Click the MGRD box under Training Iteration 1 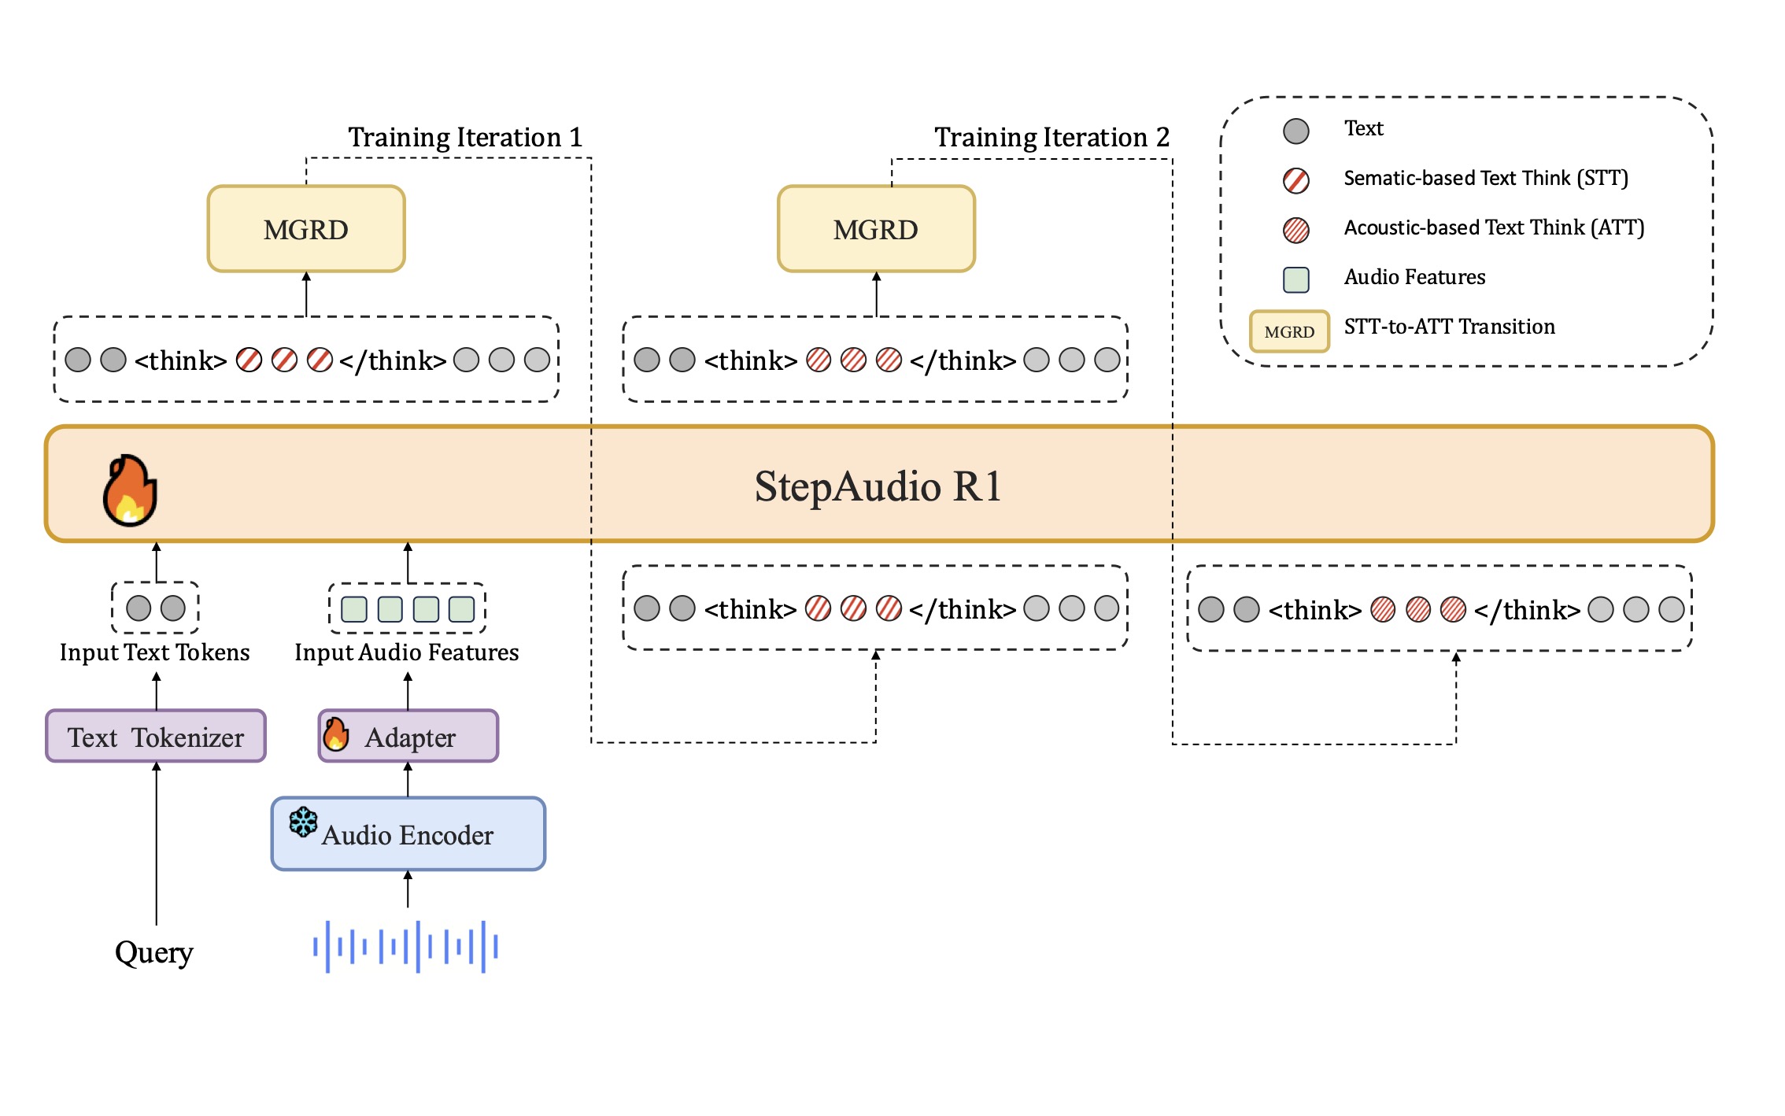click(305, 229)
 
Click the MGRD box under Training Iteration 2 click(875, 229)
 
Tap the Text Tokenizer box click(156, 737)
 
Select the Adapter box click(409, 737)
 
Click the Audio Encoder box click(408, 834)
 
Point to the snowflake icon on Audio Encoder click(303, 822)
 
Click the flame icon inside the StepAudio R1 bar click(130, 490)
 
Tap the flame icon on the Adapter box click(336, 734)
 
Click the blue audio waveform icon click(405, 947)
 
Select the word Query click(154, 952)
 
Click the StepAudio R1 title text click(878, 486)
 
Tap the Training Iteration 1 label click(465, 137)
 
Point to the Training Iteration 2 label click(1051, 137)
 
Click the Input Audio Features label click(406, 652)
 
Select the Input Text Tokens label click(154, 652)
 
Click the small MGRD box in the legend click(1289, 331)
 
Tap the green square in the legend click(1295, 279)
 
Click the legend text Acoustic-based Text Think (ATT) click(1493, 227)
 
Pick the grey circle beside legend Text click(1295, 131)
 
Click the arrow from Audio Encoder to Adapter click(408, 779)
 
